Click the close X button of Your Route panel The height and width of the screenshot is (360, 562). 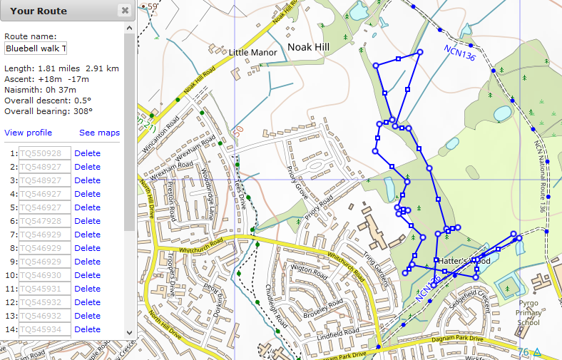(125, 11)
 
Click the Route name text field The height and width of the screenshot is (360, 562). (36, 48)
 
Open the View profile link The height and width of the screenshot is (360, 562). (28, 133)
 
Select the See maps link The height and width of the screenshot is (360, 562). (99, 133)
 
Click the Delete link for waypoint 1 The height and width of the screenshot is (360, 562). (87, 153)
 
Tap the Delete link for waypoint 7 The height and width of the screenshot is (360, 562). (87, 235)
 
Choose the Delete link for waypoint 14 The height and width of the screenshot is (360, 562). (87, 329)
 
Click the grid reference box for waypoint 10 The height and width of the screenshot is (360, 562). (45, 275)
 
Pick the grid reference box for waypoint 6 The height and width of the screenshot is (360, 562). (45, 221)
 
